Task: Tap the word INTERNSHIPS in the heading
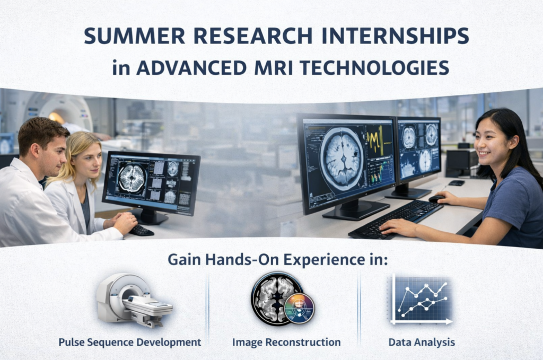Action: click(x=395, y=36)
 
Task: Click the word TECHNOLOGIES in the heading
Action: click(x=375, y=67)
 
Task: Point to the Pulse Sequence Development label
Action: click(x=130, y=343)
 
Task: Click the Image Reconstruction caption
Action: click(x=286, y=343)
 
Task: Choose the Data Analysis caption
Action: click(x=422, y=343)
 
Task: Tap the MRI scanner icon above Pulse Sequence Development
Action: click(x=134, y=300)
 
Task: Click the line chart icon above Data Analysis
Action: click(x=422, y=299)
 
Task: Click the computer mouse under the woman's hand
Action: click(x=436, y=199)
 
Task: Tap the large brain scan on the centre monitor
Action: click(x=342, y=159)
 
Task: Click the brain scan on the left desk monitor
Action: click(x=132, y=178)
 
